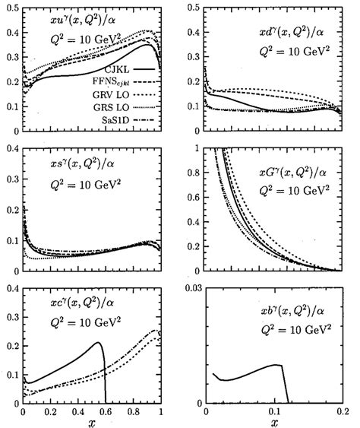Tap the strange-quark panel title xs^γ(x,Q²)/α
pyautogui.click(x=71, y=162)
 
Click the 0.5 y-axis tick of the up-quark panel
pyautogui.click(x=11, y=7)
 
